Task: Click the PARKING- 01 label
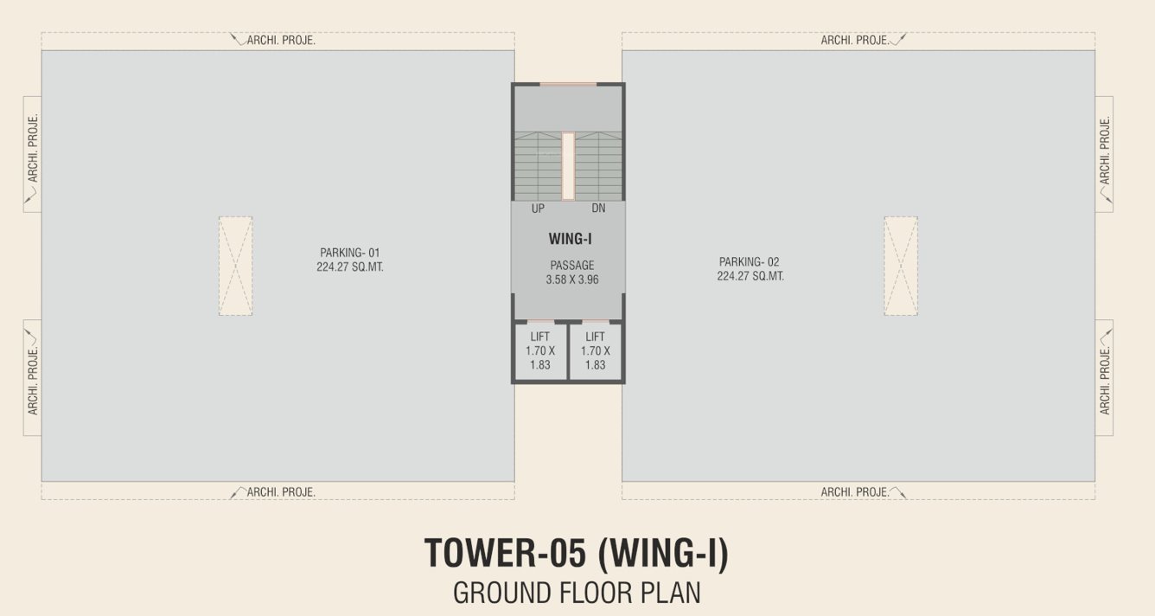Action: tap(349, 253)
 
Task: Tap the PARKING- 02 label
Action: tap(749, 261)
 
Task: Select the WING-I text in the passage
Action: tap(570, 239)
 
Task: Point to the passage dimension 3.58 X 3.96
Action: tap(571, 279)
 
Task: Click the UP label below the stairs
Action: tap(538, 209)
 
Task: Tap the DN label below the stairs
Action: tap(598, 209)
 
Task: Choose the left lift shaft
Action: tap(540, 350)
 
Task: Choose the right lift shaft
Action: tap(595, 350)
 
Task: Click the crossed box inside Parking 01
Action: tap(235, 266)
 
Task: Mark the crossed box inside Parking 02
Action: tap(900, 266)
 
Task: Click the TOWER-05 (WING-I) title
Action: tap(577, 554)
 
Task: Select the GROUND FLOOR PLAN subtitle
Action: tap(577, 594)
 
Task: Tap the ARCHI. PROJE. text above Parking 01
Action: tap(281, 40)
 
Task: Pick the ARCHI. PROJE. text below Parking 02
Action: tap(855, 492)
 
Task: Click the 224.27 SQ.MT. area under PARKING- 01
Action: tap(349, 267)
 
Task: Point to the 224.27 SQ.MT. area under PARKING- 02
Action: tap(750, 276)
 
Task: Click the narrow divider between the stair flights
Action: tap(568, 166)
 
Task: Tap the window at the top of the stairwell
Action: tap(568, 84)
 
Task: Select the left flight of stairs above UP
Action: tap(538, 166)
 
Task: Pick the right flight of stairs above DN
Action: tap(598, 166)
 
